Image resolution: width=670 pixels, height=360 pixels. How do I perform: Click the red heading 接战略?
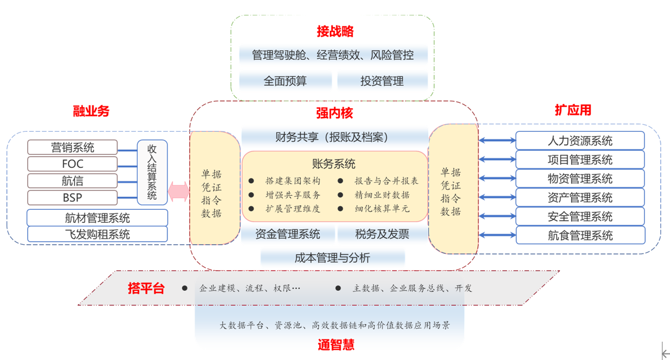pos(335,31)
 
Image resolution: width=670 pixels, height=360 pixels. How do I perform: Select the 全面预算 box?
pos(285,81)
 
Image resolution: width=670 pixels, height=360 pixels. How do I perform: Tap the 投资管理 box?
pos(382,81)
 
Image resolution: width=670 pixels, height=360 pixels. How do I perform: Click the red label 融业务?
pos(91,111)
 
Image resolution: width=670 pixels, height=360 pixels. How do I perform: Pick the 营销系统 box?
pos(72,147)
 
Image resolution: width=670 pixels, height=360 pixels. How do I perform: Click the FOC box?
pos(72,164)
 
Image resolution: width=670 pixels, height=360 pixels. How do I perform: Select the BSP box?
pos(72,197)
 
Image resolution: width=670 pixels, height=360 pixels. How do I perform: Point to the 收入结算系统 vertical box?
pos(152,172)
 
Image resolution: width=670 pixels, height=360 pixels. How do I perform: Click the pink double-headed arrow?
pos(178,191)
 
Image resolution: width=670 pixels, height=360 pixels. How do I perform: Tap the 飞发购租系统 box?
pos(97,234)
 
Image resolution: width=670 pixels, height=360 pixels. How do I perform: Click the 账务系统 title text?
pos(334,164)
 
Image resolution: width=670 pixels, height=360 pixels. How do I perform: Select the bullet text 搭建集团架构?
pos(293,181)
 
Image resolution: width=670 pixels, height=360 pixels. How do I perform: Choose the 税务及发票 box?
pos(382,234)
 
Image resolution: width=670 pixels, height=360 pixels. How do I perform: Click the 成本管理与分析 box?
pos(332,257)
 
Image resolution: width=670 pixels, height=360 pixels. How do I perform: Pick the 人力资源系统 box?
pos(580,141)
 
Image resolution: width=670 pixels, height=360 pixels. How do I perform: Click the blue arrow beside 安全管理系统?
pos(497,216)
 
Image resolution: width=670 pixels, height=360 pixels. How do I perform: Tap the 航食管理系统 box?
pos(580,235)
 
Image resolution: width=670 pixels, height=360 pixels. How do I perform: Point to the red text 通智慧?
pos(336,345)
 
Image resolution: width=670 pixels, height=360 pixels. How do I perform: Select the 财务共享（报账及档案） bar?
pos(334,137)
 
